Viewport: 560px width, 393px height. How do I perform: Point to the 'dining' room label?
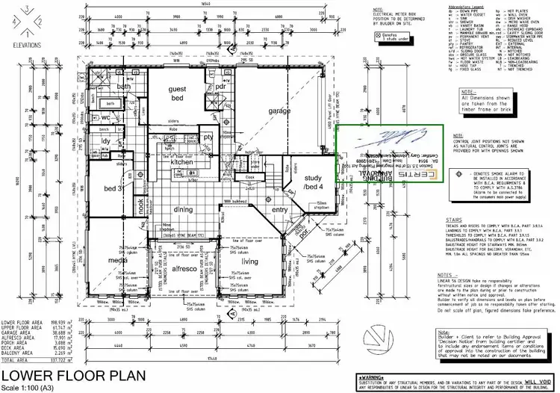coord(184,210)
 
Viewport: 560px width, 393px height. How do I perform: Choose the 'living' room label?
coord(249,262)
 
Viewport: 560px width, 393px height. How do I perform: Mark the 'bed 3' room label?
coord(113,189)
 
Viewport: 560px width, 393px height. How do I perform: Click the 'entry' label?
coord(279,210)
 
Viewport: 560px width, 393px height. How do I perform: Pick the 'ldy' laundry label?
coord(106,140)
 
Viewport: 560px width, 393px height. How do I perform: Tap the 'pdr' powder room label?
coord(221,86)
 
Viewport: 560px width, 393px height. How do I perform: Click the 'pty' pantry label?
coord(208,137)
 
